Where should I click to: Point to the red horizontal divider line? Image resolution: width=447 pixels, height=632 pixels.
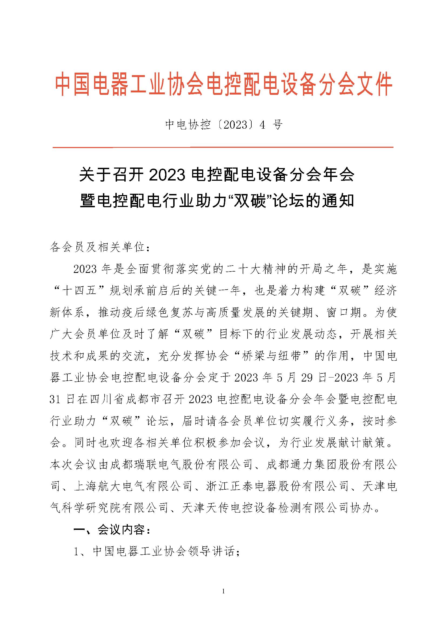point(223,148)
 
